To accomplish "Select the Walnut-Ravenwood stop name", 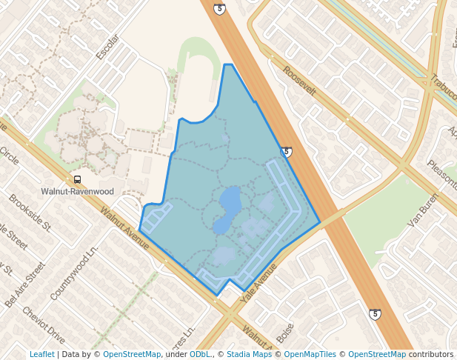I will (77, 190).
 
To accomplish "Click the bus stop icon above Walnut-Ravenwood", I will (77, 179).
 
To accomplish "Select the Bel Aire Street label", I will (20, 284).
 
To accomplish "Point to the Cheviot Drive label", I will (44, 325).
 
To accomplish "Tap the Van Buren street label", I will (424, 210).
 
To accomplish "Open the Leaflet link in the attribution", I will (41, 354).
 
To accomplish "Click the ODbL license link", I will (199, 354).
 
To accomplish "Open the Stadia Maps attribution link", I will (247, 354).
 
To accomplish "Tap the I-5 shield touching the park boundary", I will (286, 152).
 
